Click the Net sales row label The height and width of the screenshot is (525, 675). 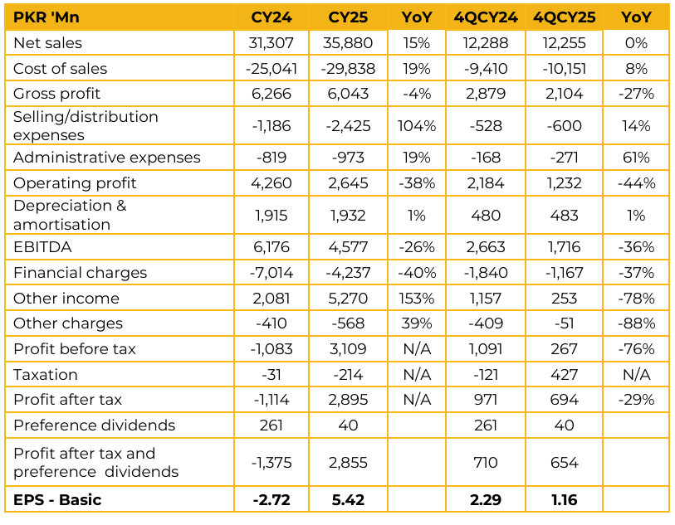click(48, 43)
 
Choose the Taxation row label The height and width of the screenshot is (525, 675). click(46, 375)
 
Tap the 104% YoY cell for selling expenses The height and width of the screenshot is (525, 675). click(416, 126)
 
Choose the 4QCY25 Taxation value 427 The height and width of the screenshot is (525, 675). click(564, 375)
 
